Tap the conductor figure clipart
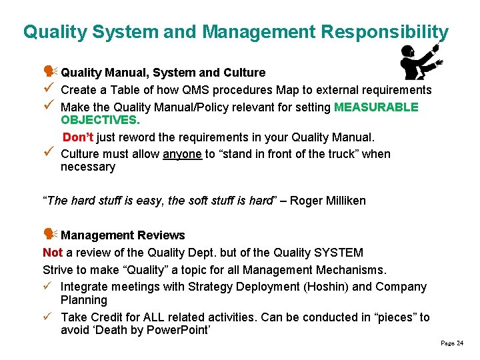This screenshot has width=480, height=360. [x=420, y=63]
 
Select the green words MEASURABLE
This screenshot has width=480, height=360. [x=376, y=107]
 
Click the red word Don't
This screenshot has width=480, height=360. [x=79, y=137]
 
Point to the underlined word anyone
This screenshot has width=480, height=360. [x=182, y=154]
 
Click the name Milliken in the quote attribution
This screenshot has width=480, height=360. [x=341, y=201]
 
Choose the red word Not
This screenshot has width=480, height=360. [x=53, y=253]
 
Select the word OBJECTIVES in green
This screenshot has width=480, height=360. [x=100, y=121]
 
